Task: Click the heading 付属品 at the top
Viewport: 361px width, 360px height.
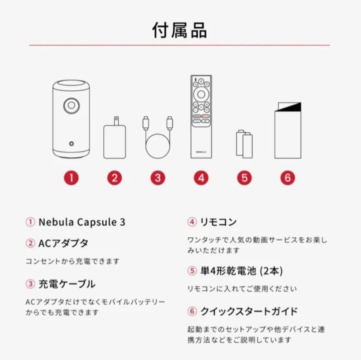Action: click(180, 30)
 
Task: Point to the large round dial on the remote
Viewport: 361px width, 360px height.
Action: click(201, 94)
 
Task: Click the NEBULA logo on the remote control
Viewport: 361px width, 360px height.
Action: click(201, 152)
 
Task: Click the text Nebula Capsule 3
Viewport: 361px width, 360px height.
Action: click(82, 222)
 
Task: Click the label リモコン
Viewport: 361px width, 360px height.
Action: click(218, 222)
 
